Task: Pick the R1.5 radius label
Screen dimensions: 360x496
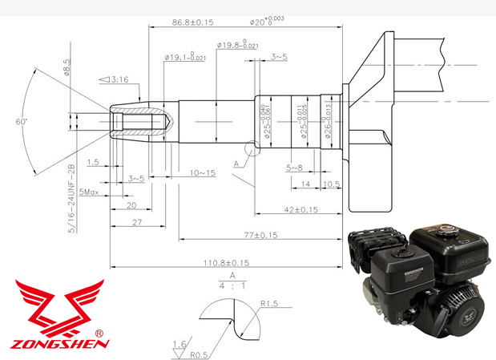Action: click(268, 304)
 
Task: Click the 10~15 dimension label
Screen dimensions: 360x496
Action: click(202, 172)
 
